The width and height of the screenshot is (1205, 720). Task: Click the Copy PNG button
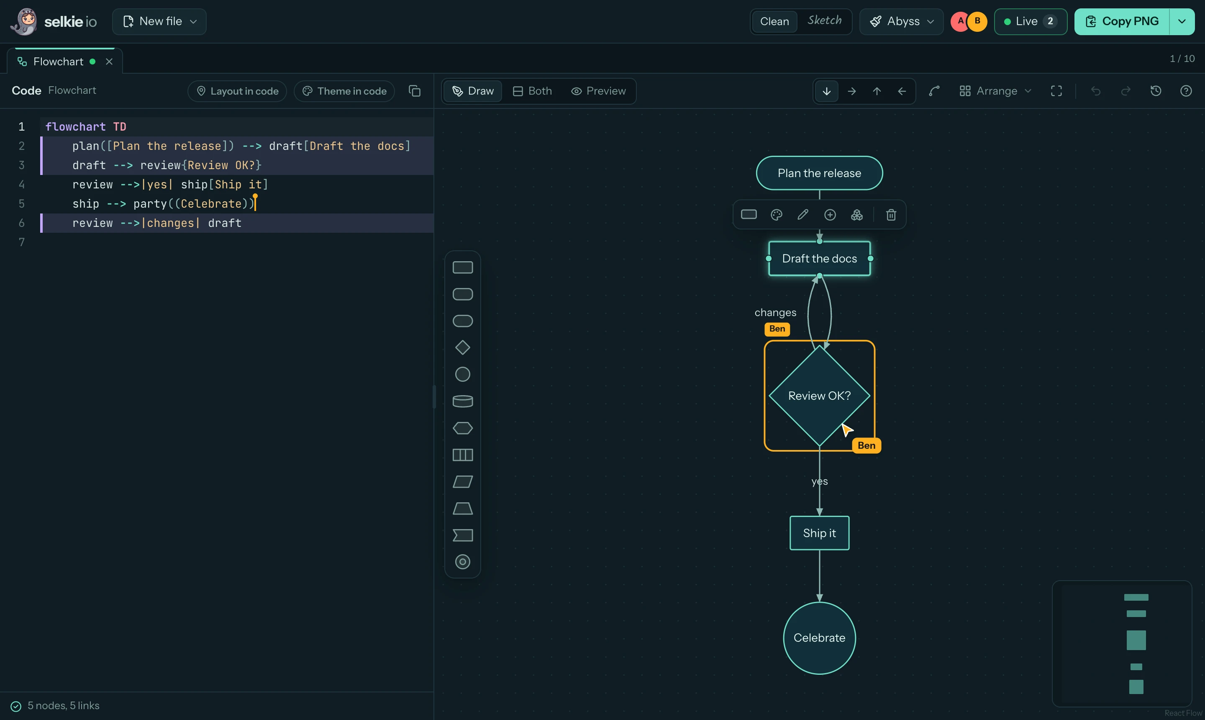[x=1122, y=21]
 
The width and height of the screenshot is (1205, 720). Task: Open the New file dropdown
[x=159, y=21]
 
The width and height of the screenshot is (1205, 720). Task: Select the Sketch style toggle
[x=824, y=21]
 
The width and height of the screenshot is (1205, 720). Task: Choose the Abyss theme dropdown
[x=901, y=21]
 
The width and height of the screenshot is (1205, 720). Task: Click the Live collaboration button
[x=1031, y=21]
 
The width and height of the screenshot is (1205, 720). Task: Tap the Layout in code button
[x=237, y=91]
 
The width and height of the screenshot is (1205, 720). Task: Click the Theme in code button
[x=344, y=91]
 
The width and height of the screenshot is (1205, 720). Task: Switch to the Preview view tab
[x=598, y=91]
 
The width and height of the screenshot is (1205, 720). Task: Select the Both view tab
[x=533, y=91]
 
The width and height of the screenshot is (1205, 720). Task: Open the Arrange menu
[x=995, y=91]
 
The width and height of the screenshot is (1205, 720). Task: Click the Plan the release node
[x=820, y=173]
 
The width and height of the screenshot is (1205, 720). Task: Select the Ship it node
[x=820, y=533]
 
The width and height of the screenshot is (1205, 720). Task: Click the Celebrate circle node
[x=820, y=638]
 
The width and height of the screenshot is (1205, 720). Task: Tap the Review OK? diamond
[x=820, y=396]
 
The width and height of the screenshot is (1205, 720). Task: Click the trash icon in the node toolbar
[x=891, y=215]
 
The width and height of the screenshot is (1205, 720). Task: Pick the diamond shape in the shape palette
[x=463, y=348]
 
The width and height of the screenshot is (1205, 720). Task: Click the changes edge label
[x=775, y=312]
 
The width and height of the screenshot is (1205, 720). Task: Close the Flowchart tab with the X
[x=109, y=62]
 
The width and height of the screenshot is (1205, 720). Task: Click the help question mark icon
[x=1186, y=91]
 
